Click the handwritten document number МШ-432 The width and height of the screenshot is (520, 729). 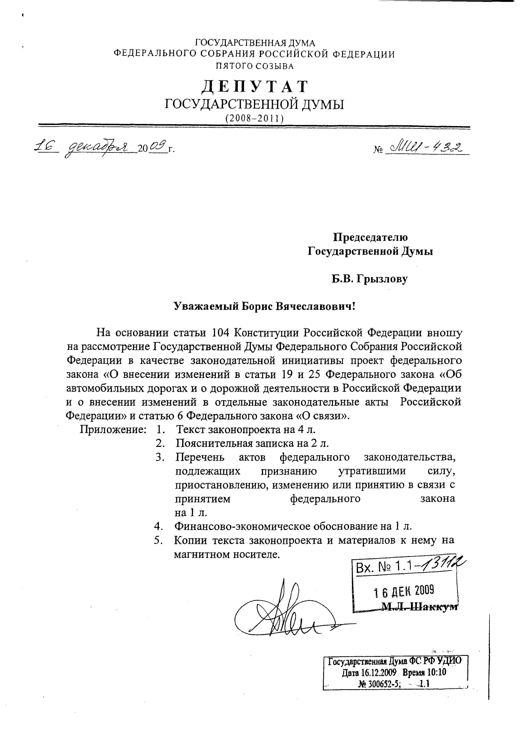click(x=426, y=148)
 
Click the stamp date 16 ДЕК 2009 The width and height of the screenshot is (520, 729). click(x=404, y=590)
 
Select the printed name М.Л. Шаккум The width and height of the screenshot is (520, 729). click(x=420, y=606)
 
